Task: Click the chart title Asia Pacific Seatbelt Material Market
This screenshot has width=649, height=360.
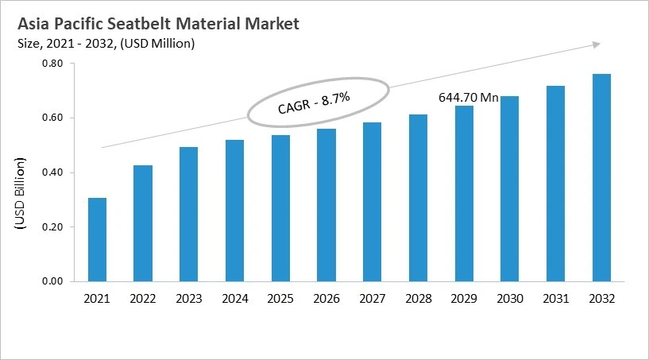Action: [x=158, y=24]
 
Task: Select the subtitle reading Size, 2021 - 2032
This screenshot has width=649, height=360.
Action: [x=105, y=43]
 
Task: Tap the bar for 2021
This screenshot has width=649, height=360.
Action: [x=97, y=239]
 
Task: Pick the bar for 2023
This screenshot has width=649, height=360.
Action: [x=189, y=214]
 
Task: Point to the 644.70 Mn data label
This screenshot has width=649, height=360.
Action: [x=469, y=98]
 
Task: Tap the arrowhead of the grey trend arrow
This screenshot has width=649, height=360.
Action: [x=597, y=45]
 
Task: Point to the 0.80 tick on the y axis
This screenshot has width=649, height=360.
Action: [x=52, y=64]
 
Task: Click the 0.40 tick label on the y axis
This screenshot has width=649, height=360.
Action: [x=52, y=172]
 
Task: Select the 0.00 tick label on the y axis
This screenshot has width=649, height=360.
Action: [x=52, y=281]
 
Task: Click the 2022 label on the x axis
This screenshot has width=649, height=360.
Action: [x=143, y=299]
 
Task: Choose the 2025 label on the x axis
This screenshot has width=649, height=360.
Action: [x=280, y=299]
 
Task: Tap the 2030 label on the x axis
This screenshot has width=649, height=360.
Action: [x=509, y=299]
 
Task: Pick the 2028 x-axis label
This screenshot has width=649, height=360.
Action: [x=418, y=299]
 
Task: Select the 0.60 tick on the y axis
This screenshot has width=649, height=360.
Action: [x=52, y=118]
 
